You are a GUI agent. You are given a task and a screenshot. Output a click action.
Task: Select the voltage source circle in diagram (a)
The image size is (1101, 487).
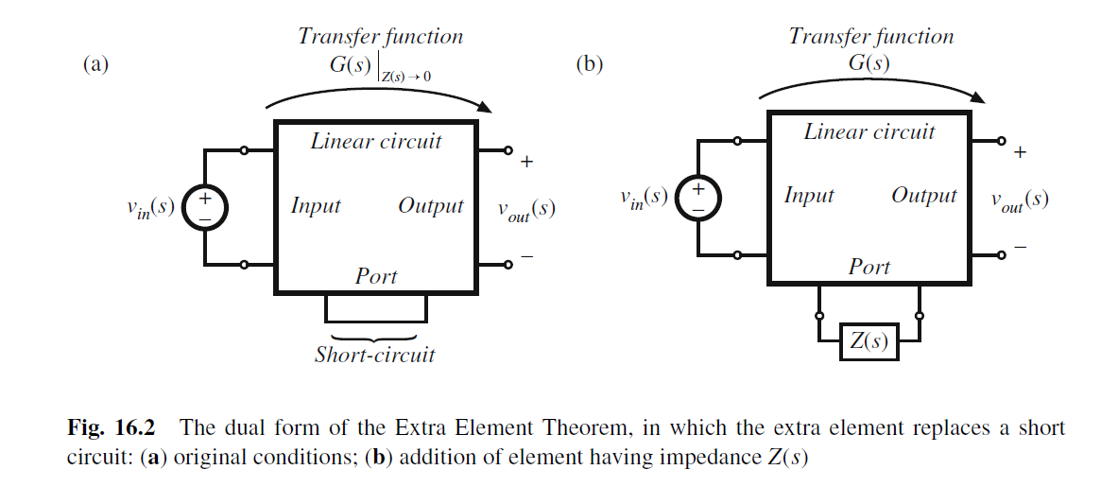(x=204, y=206)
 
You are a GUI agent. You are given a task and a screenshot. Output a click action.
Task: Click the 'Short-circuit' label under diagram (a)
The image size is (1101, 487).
(x=375, y=356)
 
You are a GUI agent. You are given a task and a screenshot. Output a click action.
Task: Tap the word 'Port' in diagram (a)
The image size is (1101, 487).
(x=376, y=277)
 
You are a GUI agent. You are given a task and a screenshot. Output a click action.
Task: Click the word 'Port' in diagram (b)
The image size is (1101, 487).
(x=869, y=268)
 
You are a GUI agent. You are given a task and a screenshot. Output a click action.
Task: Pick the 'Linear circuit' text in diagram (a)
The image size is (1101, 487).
(x=376, y=142)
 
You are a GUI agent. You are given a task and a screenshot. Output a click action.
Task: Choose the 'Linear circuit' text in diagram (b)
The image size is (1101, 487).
(x=869, y=132)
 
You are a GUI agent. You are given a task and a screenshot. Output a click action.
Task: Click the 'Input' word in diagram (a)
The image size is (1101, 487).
(x=316, y=206)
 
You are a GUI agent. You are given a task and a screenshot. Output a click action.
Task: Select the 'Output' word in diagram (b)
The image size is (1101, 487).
(x=924, y=196)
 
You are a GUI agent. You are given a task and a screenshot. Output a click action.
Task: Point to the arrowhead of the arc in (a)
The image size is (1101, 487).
(x=486, y=111)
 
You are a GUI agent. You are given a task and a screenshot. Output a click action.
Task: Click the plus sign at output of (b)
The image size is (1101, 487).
(x=1020, y=151)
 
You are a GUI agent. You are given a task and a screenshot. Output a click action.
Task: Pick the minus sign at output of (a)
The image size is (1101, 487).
(x=526, y=255)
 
